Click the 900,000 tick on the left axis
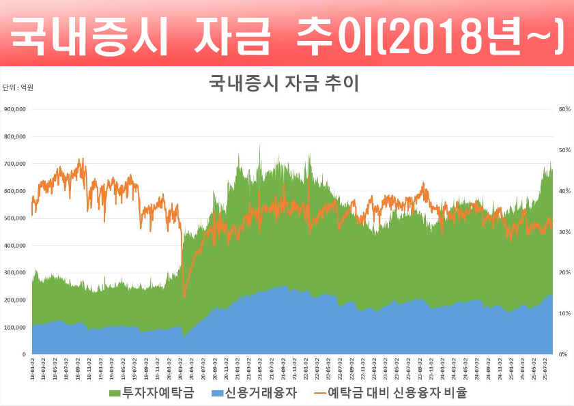[14, 109]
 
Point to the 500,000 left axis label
[14, 218]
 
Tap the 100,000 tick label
[14, 328]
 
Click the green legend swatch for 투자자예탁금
[114, 394]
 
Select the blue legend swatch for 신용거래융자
[216, 394]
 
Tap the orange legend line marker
[317, 394]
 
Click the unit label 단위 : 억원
[18, 87]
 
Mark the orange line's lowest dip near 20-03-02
[184, 296]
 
